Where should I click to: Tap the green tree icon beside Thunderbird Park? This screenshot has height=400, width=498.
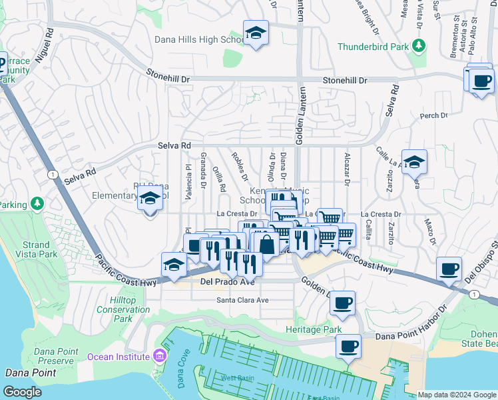point(419,46)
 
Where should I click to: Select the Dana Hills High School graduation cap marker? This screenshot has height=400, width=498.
point(255,33)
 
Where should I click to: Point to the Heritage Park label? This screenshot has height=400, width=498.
point(313,330)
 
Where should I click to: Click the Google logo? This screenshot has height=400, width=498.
point(22,392)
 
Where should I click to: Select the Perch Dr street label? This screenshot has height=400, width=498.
point(433,116)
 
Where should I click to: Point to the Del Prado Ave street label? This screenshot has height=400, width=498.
point(228,282)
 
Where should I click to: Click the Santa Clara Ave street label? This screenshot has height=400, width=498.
point(242,300)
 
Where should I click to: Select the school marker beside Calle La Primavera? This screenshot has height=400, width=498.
point(414,162)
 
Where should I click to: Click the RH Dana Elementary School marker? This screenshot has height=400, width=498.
point(150,198)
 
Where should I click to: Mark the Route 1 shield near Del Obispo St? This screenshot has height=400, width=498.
point(473,294)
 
